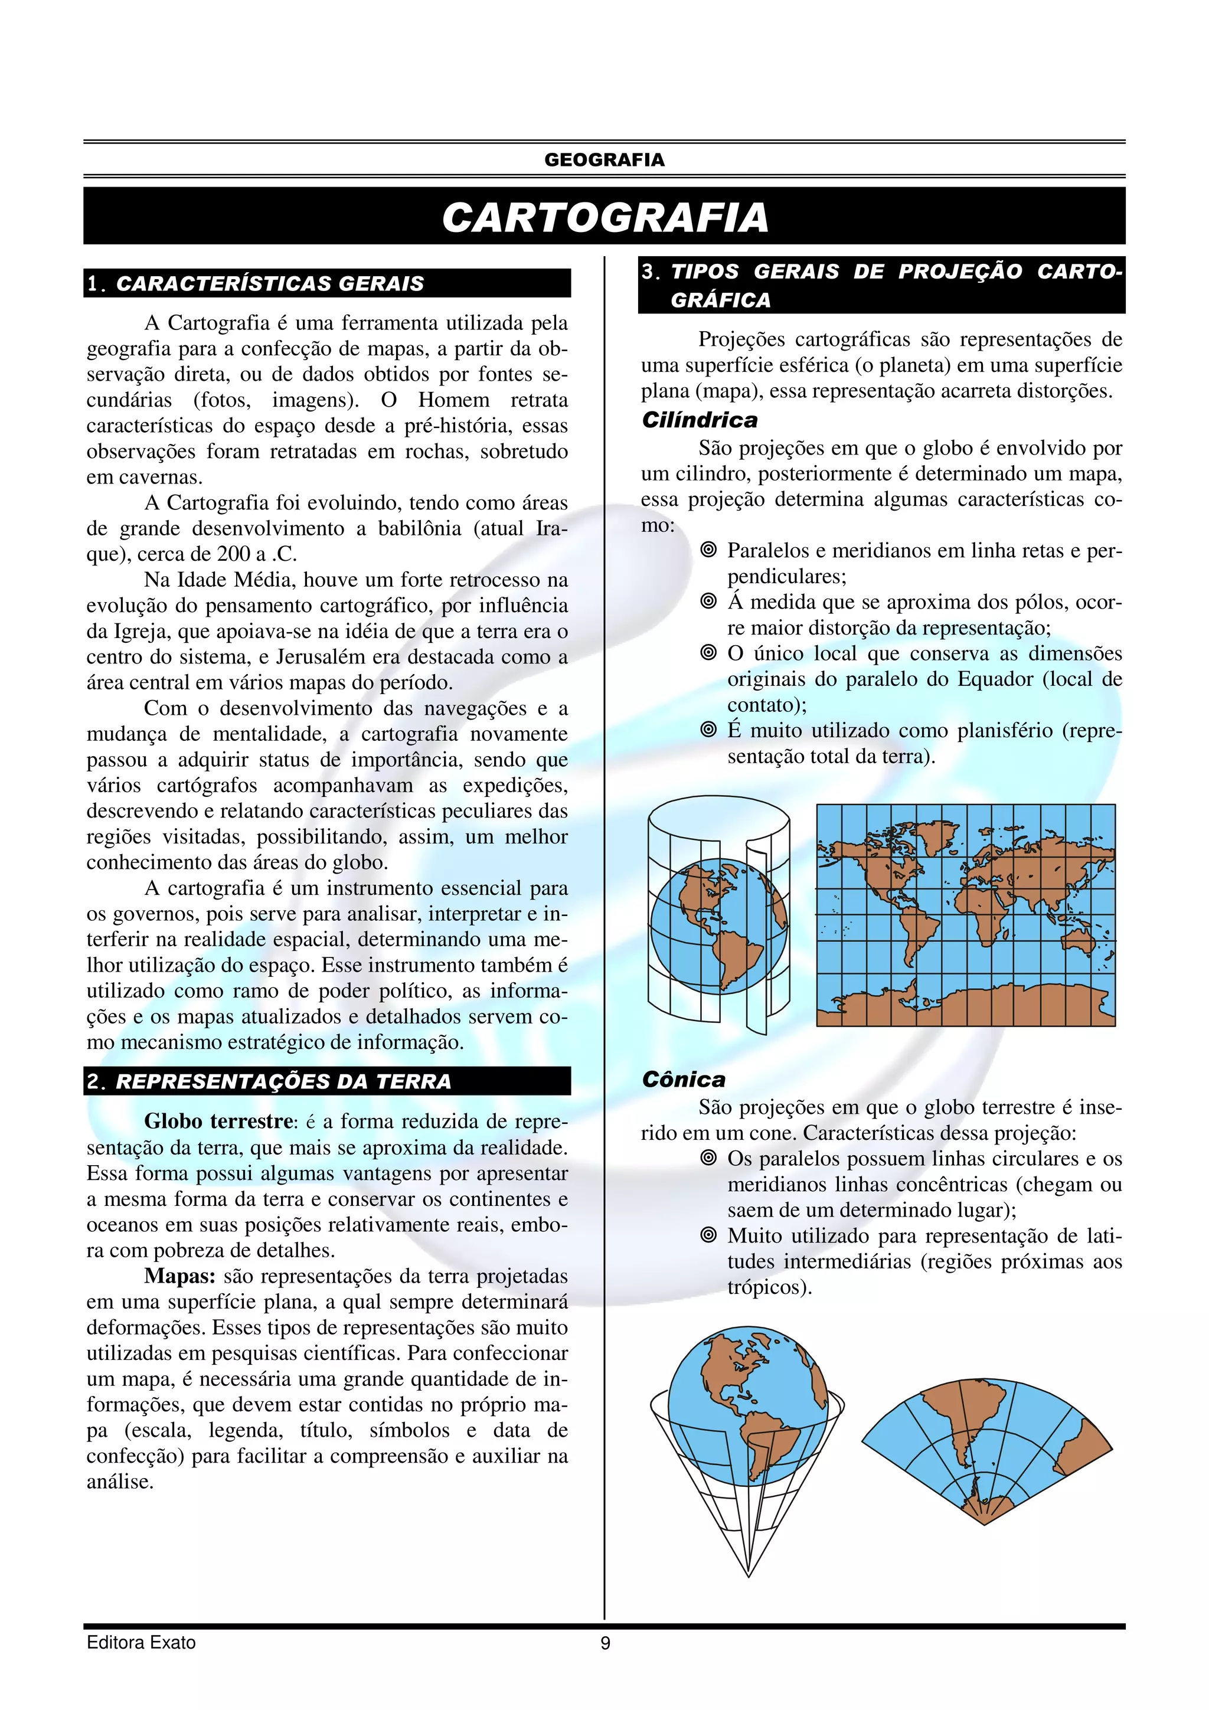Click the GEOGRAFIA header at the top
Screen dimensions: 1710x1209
(x=604, y=160)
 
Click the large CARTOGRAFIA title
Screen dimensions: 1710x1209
(x=604, y=217)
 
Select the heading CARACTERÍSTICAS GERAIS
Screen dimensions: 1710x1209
(x=270, y=284)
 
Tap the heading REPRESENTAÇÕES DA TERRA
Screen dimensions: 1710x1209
(x=283, y=1081)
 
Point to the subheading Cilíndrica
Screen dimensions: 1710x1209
(x=700, y=421)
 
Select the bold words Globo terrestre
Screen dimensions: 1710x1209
(x=219, y=1122)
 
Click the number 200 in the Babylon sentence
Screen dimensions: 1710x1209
(x=233, y=554)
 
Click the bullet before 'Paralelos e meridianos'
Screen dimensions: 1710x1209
(x=708, y=550)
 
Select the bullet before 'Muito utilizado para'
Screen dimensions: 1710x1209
(x=708, y=1235)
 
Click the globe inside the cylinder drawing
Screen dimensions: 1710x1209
(x=718, y=925)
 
